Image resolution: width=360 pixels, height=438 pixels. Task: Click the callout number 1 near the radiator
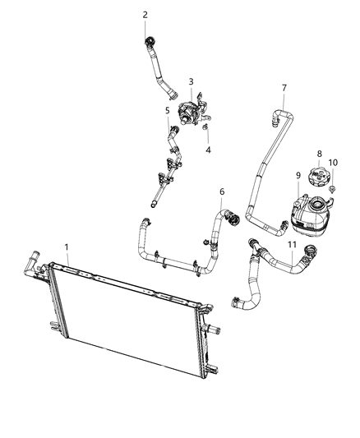pos(67,245)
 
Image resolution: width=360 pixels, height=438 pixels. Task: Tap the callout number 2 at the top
pos(145,14)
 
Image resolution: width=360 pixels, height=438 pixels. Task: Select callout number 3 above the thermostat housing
pos(191,81)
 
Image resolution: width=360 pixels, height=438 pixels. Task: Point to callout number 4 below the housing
pos(208,150)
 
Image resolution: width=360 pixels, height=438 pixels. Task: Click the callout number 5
pos(167,109)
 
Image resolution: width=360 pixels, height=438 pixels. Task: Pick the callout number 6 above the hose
pos(221,191)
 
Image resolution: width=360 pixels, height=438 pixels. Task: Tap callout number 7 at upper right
pos(284,87)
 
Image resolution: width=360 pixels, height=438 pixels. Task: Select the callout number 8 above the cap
pos(320,154)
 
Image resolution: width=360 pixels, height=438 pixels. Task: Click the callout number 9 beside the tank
pos(298,174)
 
